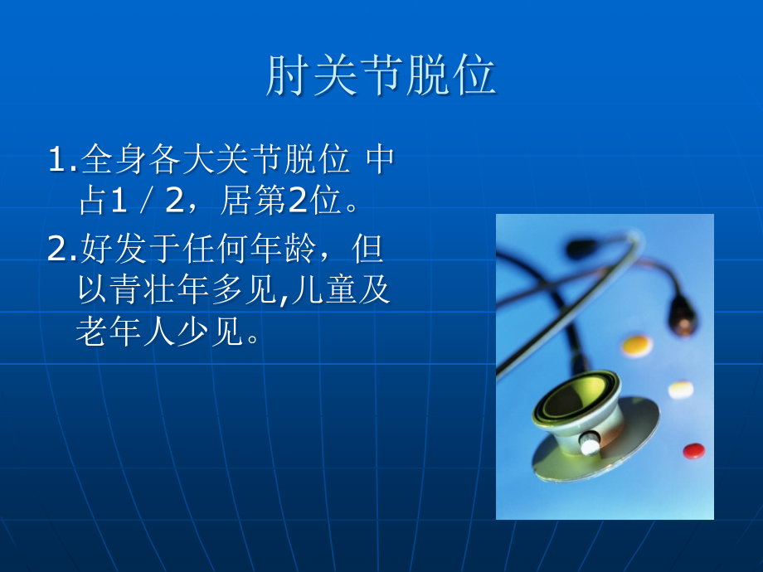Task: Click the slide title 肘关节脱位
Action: [x=381, y=75]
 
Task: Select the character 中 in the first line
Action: [x=380, y=158]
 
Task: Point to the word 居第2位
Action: [x=280, y=201]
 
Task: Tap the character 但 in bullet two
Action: [x=368, y=248]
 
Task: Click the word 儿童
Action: [x=323, y=289]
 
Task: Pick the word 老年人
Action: [x=125, y=332]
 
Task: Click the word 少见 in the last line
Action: [x=210, y=332]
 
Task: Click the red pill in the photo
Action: [x=693, y=451]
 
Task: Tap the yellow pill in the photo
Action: [x=637, y=345]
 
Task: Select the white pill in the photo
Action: [x=680, y=390]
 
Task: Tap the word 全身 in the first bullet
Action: [x=114, y=158]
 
